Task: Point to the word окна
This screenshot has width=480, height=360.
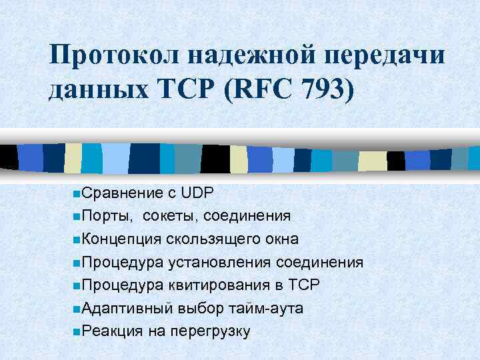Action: (280, 239)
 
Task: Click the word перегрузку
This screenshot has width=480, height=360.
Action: (210, 331)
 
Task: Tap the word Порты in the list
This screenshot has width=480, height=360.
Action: (107, 216)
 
